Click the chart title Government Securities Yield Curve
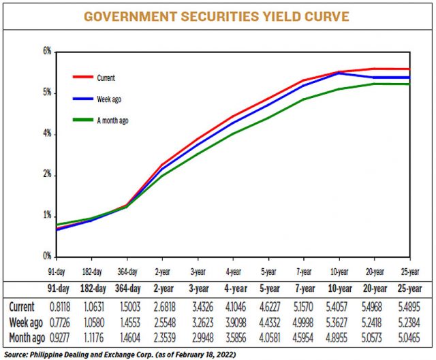217,16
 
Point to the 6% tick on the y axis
47,52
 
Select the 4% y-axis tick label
47,134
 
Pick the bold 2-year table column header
161,288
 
